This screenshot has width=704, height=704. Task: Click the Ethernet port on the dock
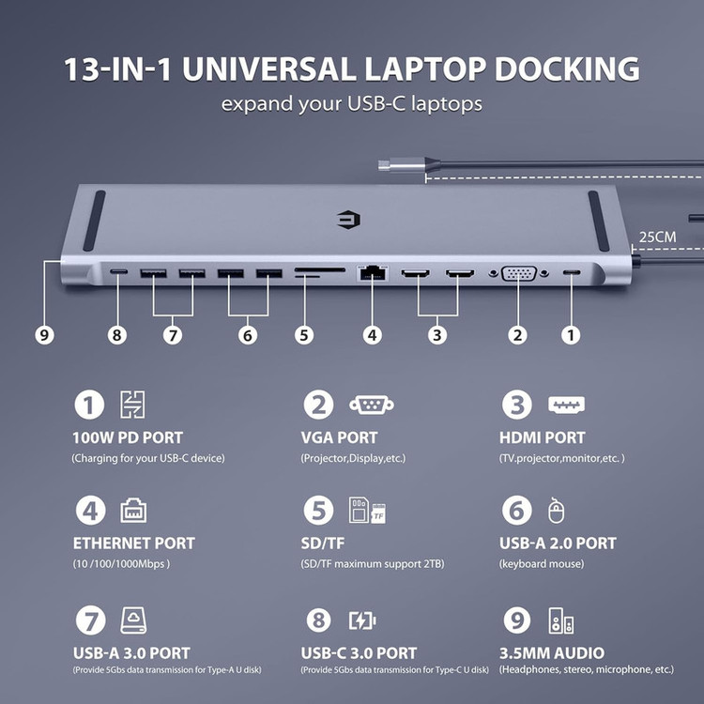[x=373, y=273]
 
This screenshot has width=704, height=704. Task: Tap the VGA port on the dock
[x=518, y=273]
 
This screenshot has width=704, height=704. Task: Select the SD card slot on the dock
[x=320, y=270]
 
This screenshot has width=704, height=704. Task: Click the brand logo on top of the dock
[x=348, y=220]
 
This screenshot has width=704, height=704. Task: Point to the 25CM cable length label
[x=657, y=237]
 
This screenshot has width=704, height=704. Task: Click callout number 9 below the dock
[x=44, y=335]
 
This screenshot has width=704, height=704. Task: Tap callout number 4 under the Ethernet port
[x=373, y=335]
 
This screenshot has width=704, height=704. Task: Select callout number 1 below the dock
[x=571, y=335]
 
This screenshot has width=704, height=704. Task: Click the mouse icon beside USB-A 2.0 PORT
[x=557, y=511]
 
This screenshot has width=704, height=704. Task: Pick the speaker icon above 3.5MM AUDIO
[x=560, y=621]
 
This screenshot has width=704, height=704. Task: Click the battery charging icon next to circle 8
[x=362, y=621]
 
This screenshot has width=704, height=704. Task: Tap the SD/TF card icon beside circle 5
[x=367, y=511]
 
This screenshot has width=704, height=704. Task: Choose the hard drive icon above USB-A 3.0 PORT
[x=134, y=621]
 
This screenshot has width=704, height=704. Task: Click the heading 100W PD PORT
[x=128, y=437]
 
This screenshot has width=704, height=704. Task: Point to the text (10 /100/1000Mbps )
[x=121, y=563]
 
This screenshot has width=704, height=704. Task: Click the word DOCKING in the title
[x=567, y=69]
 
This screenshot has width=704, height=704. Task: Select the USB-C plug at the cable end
[x=401, y=164]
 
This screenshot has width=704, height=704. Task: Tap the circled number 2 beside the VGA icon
[x=318, y=405]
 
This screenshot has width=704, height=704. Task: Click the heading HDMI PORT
[x=543, y=437]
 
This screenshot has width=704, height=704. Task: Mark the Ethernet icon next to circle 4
[x=133, y=511]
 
